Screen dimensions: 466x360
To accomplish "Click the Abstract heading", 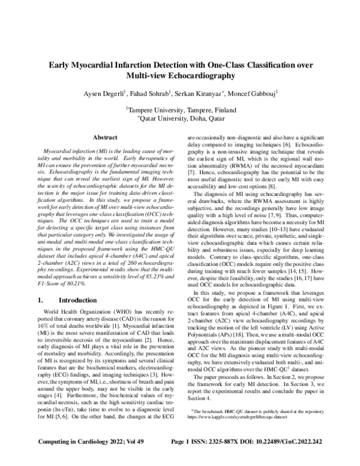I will click(105, 138).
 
